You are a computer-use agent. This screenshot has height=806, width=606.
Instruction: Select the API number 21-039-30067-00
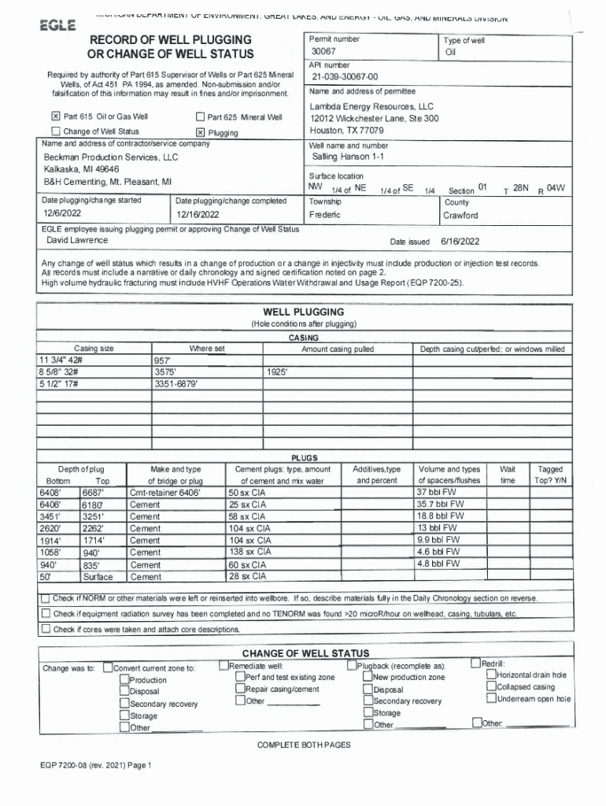click(x=345, y=77)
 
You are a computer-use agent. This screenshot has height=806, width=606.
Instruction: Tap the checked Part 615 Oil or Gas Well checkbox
click(x=55, y=117)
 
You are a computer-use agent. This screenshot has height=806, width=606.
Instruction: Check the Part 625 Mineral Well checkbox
click(x=200, y=117)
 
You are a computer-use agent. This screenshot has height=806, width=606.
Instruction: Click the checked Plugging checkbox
click(x=200, y=132)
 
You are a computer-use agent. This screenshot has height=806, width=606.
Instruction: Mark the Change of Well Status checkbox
click(x=55, y=131)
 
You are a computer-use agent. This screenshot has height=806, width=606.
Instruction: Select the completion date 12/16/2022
click(x=198, y=214)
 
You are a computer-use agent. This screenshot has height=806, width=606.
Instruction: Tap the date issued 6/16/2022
click(x=460, y=242)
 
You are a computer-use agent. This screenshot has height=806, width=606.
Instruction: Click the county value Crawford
click(x=460, y=215)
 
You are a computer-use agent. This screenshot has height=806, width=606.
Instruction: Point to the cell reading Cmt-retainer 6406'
click(x=165, y=493)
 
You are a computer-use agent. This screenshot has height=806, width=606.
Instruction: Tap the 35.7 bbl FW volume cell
click(x=441, y=504)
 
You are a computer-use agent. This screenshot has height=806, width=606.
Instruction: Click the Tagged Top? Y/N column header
click(x=550, y=474)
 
